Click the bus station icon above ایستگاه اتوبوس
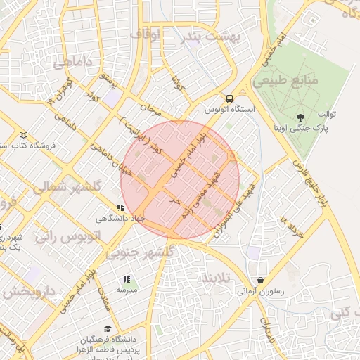click(x=229, y=99)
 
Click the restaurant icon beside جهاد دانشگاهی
click(x=120, y=208)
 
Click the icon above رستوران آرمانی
click(x=261, y=279)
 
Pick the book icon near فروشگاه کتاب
click(x=25, y=134)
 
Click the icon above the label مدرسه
click(x=127, y=279)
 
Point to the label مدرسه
click(x=127, y=290)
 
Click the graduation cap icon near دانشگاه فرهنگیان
click(x=108, y=328)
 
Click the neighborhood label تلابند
click(x=216, y=278)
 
